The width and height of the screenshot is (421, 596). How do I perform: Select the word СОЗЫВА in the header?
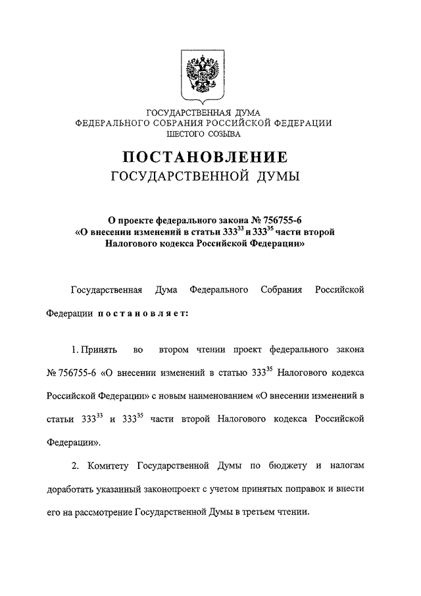coord(223,134)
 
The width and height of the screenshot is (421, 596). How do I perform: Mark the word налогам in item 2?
coord(345,466)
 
